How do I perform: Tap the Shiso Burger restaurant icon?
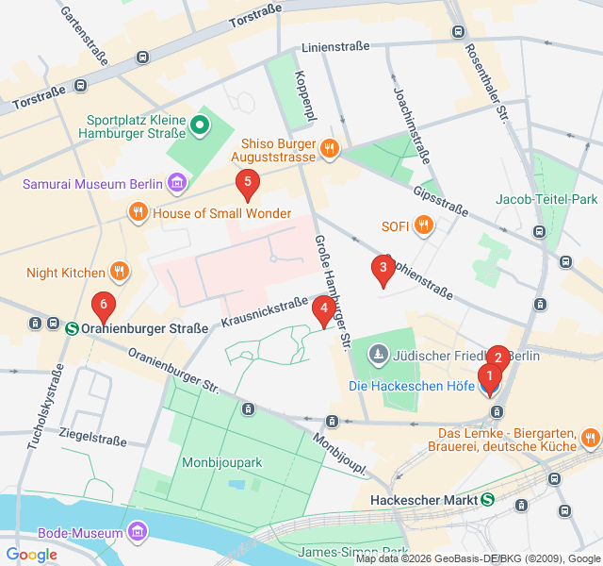click(329, 147)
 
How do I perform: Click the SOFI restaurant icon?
click(424, 225)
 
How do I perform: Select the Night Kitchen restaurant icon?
click(119, 273)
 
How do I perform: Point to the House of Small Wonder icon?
click(138, 212)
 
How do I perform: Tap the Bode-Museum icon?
click(139, 533)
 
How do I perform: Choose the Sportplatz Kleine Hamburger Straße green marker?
click(200, 125)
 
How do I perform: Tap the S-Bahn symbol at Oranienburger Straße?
click(72, 328)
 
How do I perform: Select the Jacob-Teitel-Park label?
click(546, 199)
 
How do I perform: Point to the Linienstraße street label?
click(344, 46)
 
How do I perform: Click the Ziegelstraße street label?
click(92, 439)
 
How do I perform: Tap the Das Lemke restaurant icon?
click(590, 437)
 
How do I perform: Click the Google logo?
click(31, 555)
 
